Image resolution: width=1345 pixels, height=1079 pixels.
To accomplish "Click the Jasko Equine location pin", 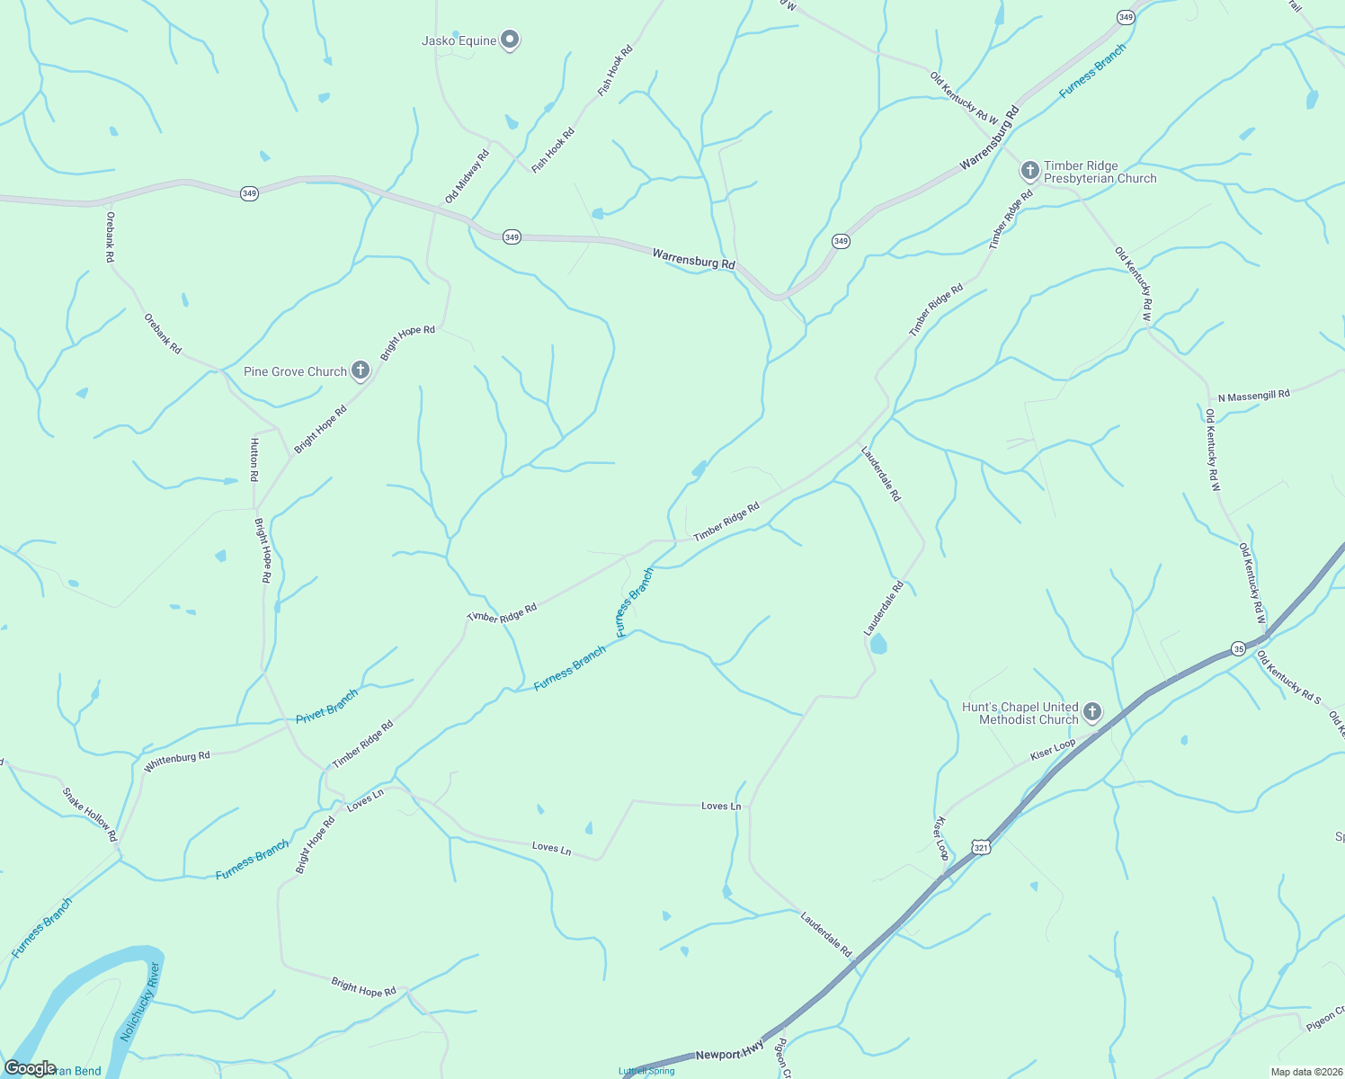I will (x=510, y=40).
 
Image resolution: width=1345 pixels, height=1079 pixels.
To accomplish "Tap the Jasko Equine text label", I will (x=459, y=40).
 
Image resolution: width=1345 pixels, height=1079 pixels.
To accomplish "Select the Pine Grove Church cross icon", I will (x=360, y=370).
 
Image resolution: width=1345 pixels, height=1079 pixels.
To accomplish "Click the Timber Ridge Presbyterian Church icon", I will (x=1030, y=169).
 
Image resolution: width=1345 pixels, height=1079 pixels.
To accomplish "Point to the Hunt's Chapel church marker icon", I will (x=1091, y=712).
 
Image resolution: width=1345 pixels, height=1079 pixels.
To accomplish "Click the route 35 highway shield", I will (x=1238, y=648).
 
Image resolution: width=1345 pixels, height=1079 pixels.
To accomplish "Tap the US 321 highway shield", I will (x=981, y=847).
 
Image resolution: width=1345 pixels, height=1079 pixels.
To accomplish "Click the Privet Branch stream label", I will (x=327, y=707).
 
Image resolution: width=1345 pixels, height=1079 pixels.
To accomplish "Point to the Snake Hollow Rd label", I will (x=90, y=815).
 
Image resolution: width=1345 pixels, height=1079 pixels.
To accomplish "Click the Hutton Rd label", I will (x=254, y=459).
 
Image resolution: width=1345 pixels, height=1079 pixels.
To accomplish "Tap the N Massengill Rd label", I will (x=1253, y=396).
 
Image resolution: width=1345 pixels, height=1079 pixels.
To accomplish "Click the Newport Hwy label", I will (x=729, y=1054).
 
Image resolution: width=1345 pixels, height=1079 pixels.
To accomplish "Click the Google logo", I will (x=30, y=1067).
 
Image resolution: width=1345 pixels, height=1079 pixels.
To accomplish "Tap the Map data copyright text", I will (x=1305, y=1072).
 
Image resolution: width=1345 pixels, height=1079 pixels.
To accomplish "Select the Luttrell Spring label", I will (x=646, y=1071).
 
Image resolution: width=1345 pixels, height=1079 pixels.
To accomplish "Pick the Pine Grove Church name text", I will (x=295, y=371).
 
